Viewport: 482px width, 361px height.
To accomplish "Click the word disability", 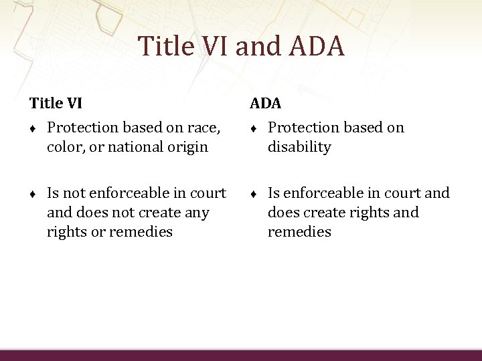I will coord(299,146).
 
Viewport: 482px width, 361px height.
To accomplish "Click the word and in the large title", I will coord(255,46).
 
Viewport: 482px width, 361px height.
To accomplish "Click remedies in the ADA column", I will coord(299,232).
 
